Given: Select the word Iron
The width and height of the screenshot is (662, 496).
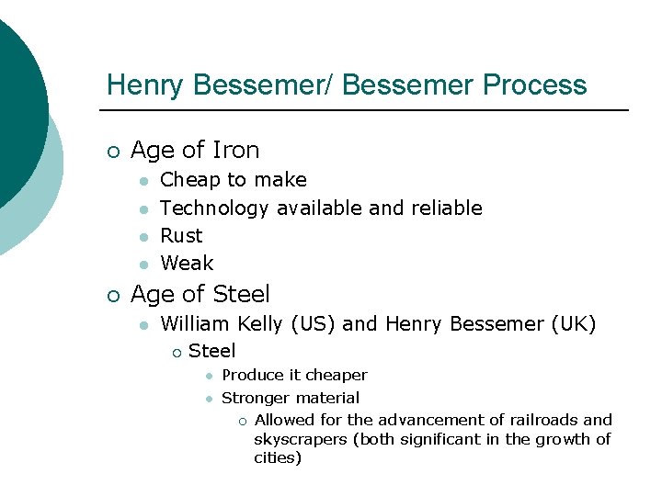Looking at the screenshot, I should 235,150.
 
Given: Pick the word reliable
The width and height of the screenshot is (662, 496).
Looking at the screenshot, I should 450,209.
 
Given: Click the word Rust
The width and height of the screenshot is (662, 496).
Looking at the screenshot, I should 181,236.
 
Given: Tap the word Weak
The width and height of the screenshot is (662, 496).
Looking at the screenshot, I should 187,264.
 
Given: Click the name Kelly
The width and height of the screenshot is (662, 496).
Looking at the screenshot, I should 261,324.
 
